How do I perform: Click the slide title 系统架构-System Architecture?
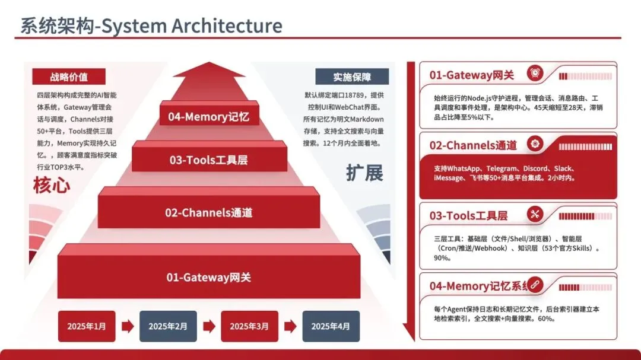(151, 26)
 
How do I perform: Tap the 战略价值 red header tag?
(69, 77)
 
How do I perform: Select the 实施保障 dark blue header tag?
(352, 77)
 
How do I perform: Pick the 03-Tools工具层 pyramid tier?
(208, 160)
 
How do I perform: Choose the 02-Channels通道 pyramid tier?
(208, 212)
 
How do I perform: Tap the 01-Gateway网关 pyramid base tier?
(208, 277)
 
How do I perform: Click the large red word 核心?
(52, 186)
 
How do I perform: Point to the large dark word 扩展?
(364, 173)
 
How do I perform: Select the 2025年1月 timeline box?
(87, 326)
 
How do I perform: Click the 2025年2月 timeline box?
(168, 326)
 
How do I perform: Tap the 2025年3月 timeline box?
(249, 326)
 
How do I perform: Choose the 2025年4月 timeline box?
(331, 326)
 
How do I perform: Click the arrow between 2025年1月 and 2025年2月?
(128, 326)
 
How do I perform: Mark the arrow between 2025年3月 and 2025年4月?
(290, 326)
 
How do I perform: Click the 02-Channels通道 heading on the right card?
(473, 145)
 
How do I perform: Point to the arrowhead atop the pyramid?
(208, 70)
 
